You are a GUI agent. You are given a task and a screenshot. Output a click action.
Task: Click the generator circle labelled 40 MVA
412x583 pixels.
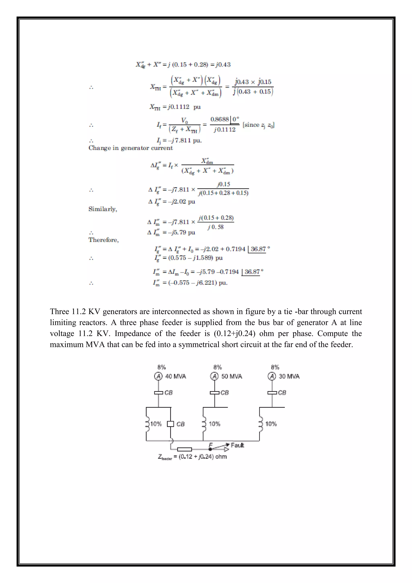tap(158, 376)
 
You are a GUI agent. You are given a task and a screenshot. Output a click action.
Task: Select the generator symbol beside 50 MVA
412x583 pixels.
tap(214, 376)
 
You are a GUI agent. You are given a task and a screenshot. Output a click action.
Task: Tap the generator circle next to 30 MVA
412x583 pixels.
tap(272, 376)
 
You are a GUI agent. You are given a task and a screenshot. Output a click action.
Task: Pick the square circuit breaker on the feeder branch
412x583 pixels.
tap(170, 424)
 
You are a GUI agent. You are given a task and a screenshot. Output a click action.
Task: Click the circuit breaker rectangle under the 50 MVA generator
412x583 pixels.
tap(215, 393)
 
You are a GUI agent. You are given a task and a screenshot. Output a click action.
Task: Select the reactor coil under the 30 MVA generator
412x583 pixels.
tap(260, 424)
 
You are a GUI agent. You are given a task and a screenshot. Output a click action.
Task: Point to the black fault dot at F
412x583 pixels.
tap(210, 449)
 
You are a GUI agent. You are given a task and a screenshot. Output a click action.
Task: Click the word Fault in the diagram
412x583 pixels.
tap(237, 445)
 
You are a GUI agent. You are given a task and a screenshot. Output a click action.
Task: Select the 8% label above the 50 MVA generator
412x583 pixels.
tap(218, 367)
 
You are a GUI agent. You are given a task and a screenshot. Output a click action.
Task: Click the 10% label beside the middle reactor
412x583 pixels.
tap(214, 424)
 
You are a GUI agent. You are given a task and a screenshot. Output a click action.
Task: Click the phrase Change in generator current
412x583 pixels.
tap(130, 148)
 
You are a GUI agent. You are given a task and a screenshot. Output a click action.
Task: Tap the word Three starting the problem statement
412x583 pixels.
tap(59, 312)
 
